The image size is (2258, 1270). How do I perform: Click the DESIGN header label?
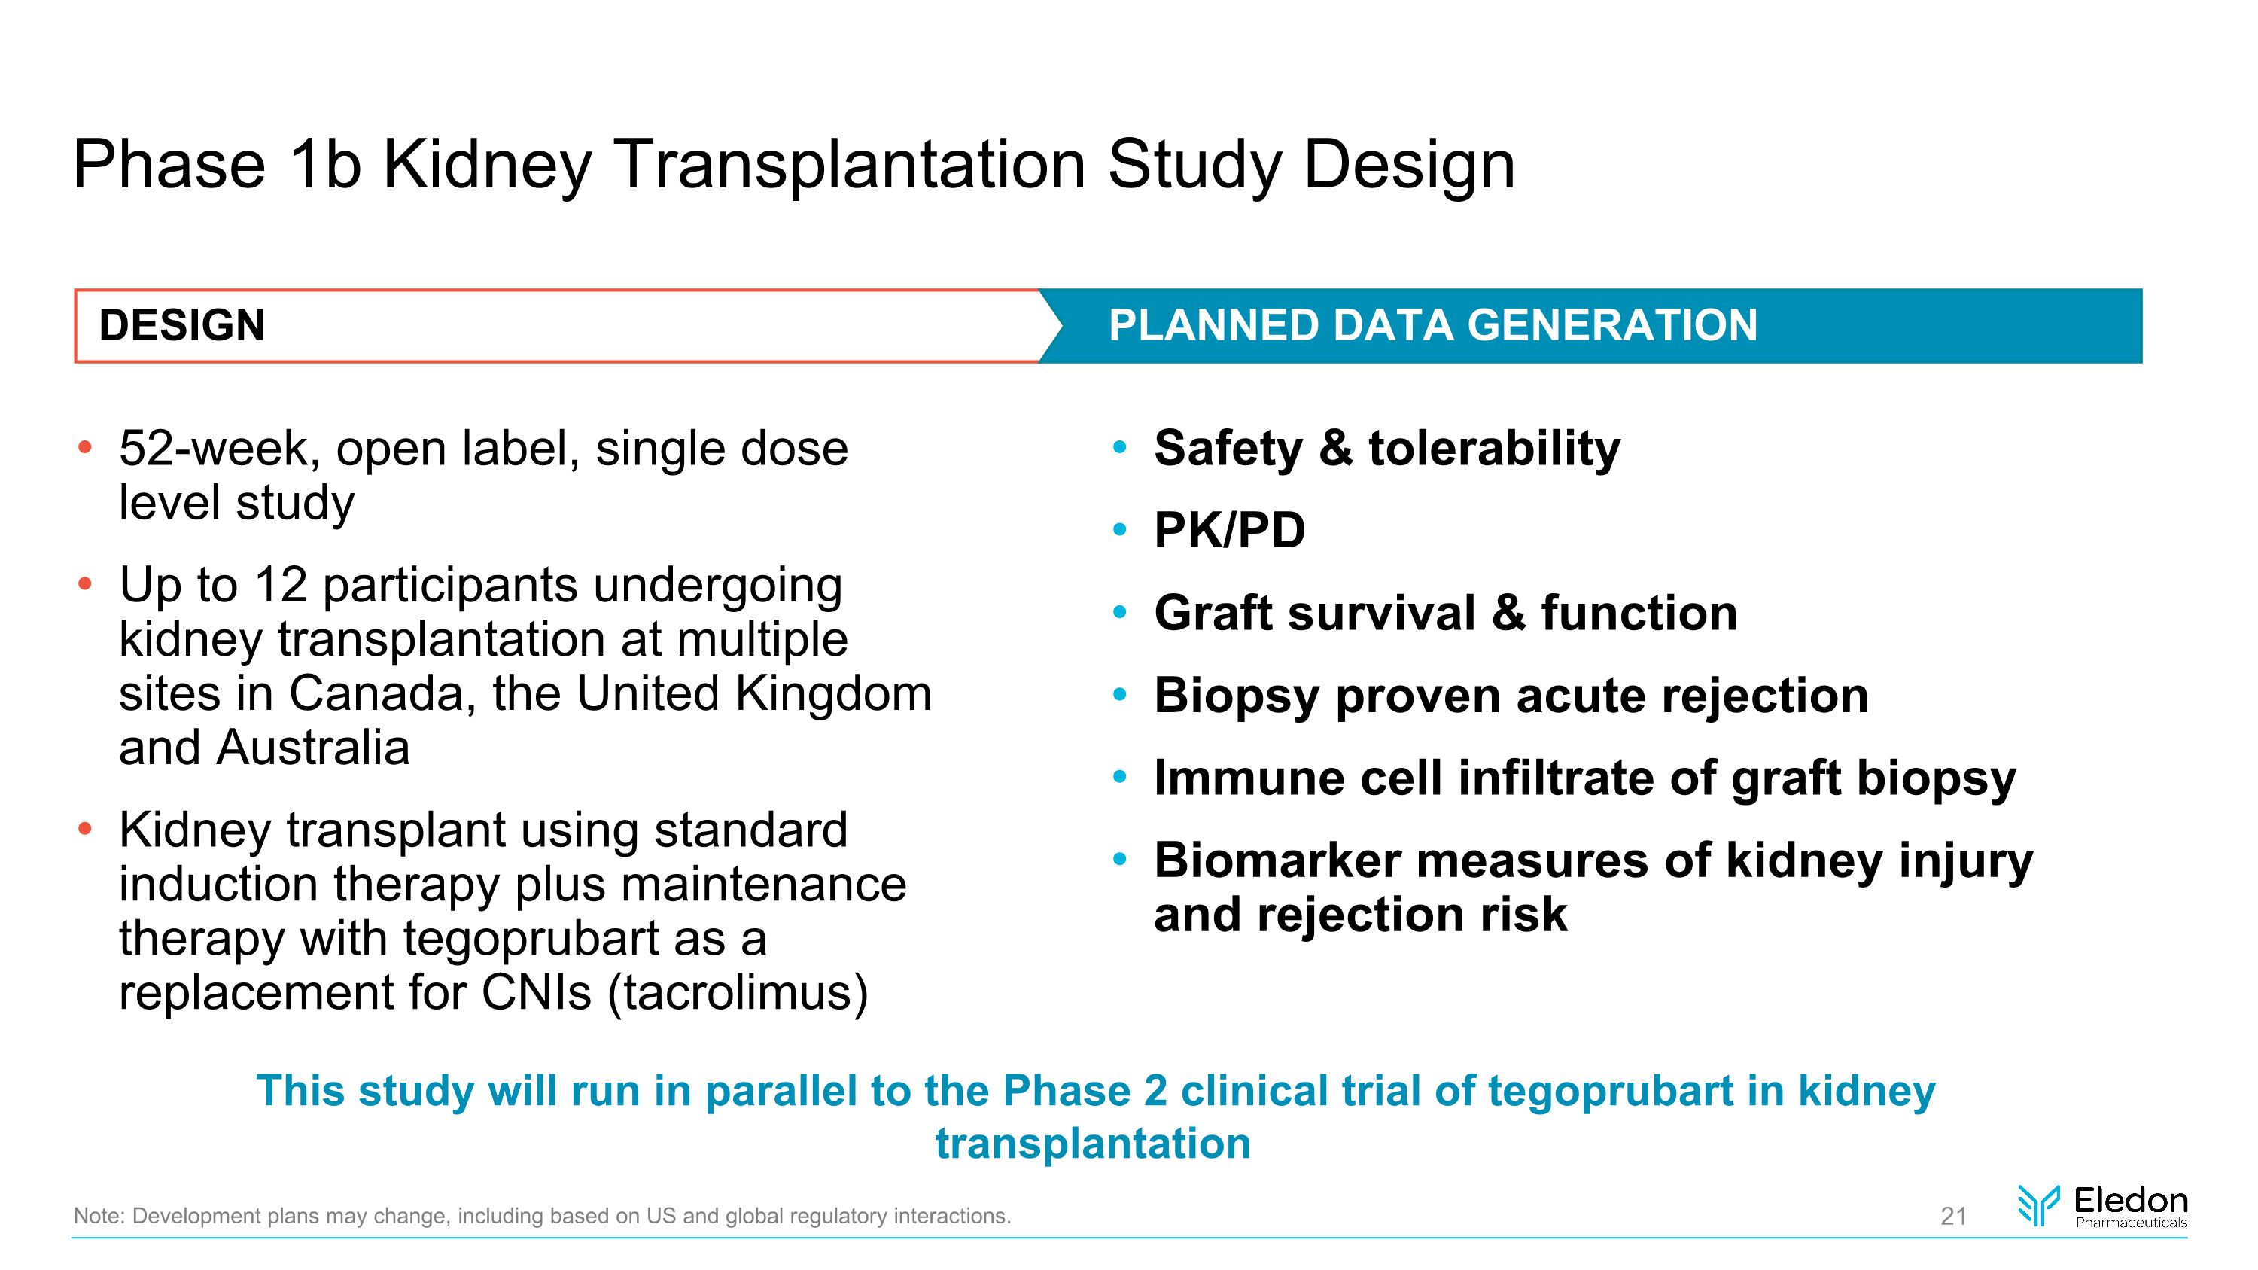(181, 325)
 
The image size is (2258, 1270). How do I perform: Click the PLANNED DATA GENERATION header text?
(1432, 325)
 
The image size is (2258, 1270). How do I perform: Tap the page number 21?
(1953, 1216)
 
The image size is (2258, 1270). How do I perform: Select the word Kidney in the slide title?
(488, 165)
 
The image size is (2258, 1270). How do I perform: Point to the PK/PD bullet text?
(1229, 530)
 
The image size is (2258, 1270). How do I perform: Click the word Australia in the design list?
(313, 748)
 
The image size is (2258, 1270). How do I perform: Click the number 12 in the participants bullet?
(281, 585)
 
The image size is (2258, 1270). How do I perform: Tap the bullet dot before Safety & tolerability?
(1118, 449)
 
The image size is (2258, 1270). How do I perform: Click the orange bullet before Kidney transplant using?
(84, 829)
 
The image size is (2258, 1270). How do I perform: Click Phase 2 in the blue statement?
(1085, 1091)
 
